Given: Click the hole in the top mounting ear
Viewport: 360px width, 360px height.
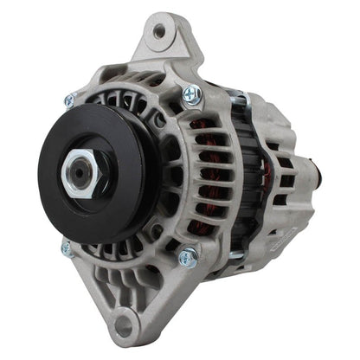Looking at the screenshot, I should pyautogui.click(x=158, y=32).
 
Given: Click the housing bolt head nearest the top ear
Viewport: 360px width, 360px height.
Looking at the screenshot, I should pyautogui.click(x=190, y=93).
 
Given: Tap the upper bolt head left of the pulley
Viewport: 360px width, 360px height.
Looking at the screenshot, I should pyautogui.click(x=69, y=100).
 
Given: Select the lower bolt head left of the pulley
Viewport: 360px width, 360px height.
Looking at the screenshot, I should pyautogui.click(x=66, y=247).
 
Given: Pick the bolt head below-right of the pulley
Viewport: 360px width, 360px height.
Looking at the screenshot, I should pyautogui.click(x=185, y=256).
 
